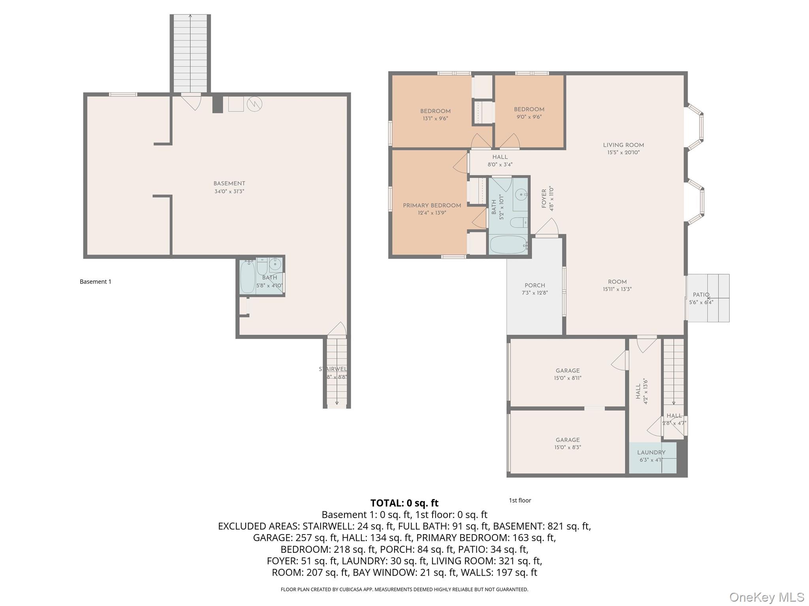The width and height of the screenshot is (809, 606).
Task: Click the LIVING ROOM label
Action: (623, 145)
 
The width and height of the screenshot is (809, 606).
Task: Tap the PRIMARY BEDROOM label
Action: (432, 206)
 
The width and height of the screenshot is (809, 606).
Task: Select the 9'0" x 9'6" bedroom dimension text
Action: (529, 117)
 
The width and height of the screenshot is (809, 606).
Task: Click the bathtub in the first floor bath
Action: (508, 245)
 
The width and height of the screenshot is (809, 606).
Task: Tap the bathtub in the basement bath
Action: (247, 277)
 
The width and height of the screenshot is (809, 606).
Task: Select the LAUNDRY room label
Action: (651, 453)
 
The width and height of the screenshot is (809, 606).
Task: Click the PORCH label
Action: (535, 285)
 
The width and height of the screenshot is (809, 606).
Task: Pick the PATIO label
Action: (701, 295)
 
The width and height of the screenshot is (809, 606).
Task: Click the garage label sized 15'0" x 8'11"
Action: (568, 370)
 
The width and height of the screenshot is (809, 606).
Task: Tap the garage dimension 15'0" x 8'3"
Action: (568, 447)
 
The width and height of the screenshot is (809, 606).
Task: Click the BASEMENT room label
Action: (229, 183)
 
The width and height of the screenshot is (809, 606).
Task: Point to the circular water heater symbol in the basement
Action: (254, 104)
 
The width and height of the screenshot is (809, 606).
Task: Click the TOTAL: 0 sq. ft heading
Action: (404, 503)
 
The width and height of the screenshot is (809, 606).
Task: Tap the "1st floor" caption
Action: (520, 500)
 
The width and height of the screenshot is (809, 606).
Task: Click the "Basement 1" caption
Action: (96, 282)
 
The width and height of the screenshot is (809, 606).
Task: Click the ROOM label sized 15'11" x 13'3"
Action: (617, 282)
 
